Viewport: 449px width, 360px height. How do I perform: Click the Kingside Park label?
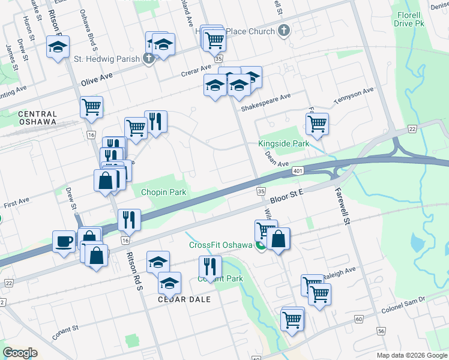click(284, 143)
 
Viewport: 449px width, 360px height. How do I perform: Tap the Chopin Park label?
click(164, 193)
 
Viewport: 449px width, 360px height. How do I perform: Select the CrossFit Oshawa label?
click(220, 245)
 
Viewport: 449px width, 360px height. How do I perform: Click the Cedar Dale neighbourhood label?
click(184, 299)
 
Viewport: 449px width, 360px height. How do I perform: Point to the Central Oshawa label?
click(37, 118)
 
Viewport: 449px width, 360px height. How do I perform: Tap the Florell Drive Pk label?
click(412, 19)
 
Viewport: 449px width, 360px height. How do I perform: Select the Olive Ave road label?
click(97, 79)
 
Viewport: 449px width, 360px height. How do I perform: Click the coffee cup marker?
click(64, 242)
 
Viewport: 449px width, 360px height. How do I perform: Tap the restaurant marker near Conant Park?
click(210, 266)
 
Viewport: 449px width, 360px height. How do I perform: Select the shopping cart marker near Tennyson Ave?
click(317, 124)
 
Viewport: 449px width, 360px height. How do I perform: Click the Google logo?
click(20, 353)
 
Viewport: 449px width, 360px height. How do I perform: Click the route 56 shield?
click(381, 331)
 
